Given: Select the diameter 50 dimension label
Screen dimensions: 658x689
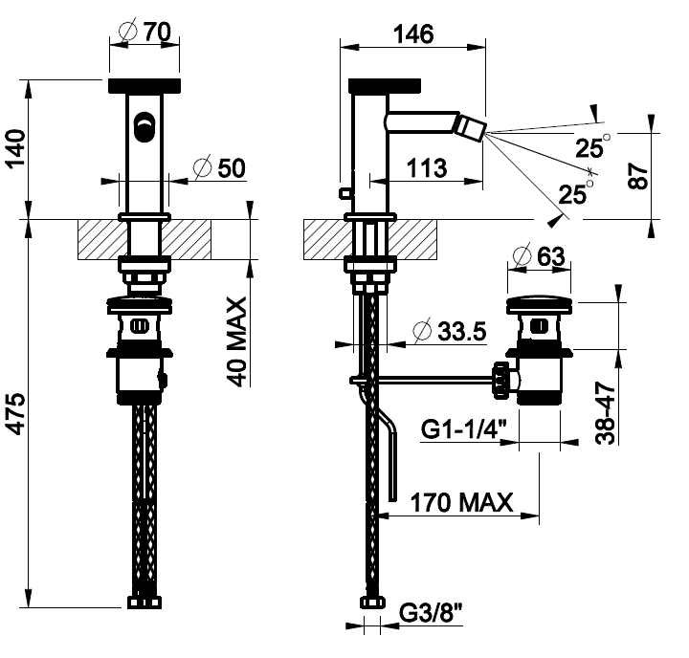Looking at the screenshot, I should [218, 168].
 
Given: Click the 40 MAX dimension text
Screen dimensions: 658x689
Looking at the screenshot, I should [237, 340].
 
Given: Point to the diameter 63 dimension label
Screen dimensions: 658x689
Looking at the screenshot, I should [537, 256].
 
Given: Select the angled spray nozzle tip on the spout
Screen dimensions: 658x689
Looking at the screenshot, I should [470, 125].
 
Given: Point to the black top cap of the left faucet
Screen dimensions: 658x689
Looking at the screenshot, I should [144, 84].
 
